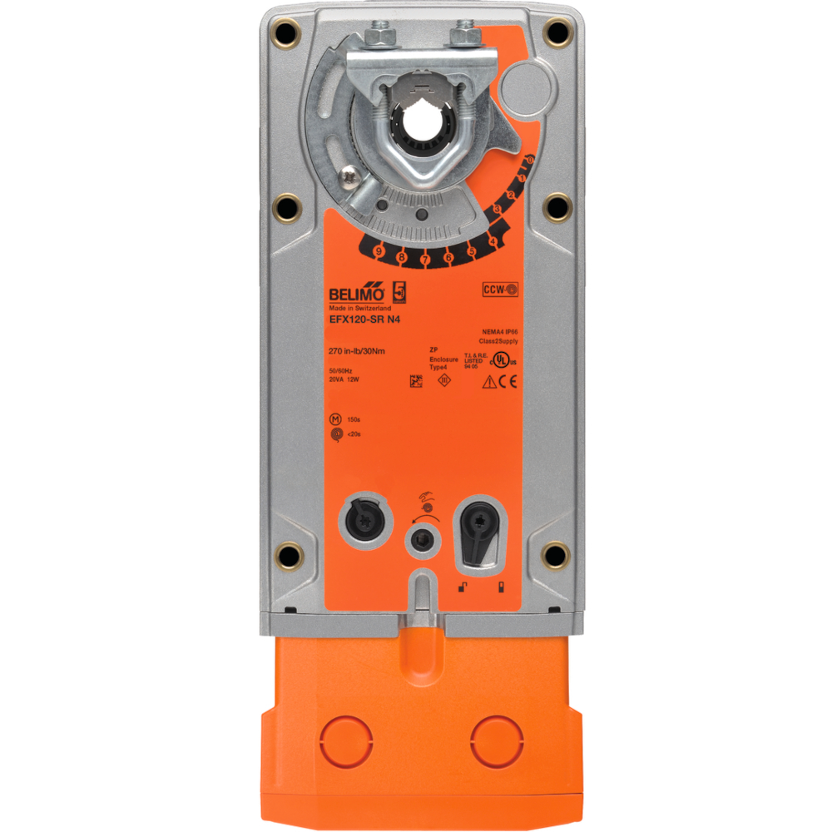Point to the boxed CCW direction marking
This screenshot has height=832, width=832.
[500, 290]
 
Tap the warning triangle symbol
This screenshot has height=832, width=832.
[490, 382]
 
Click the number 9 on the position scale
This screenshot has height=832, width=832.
[379, 250]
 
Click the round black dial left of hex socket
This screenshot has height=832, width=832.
[361, 522]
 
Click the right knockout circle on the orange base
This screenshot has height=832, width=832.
[494, 737]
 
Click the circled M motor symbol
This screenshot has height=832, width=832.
[335, 418]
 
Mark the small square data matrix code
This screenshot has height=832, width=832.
[416, 380]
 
